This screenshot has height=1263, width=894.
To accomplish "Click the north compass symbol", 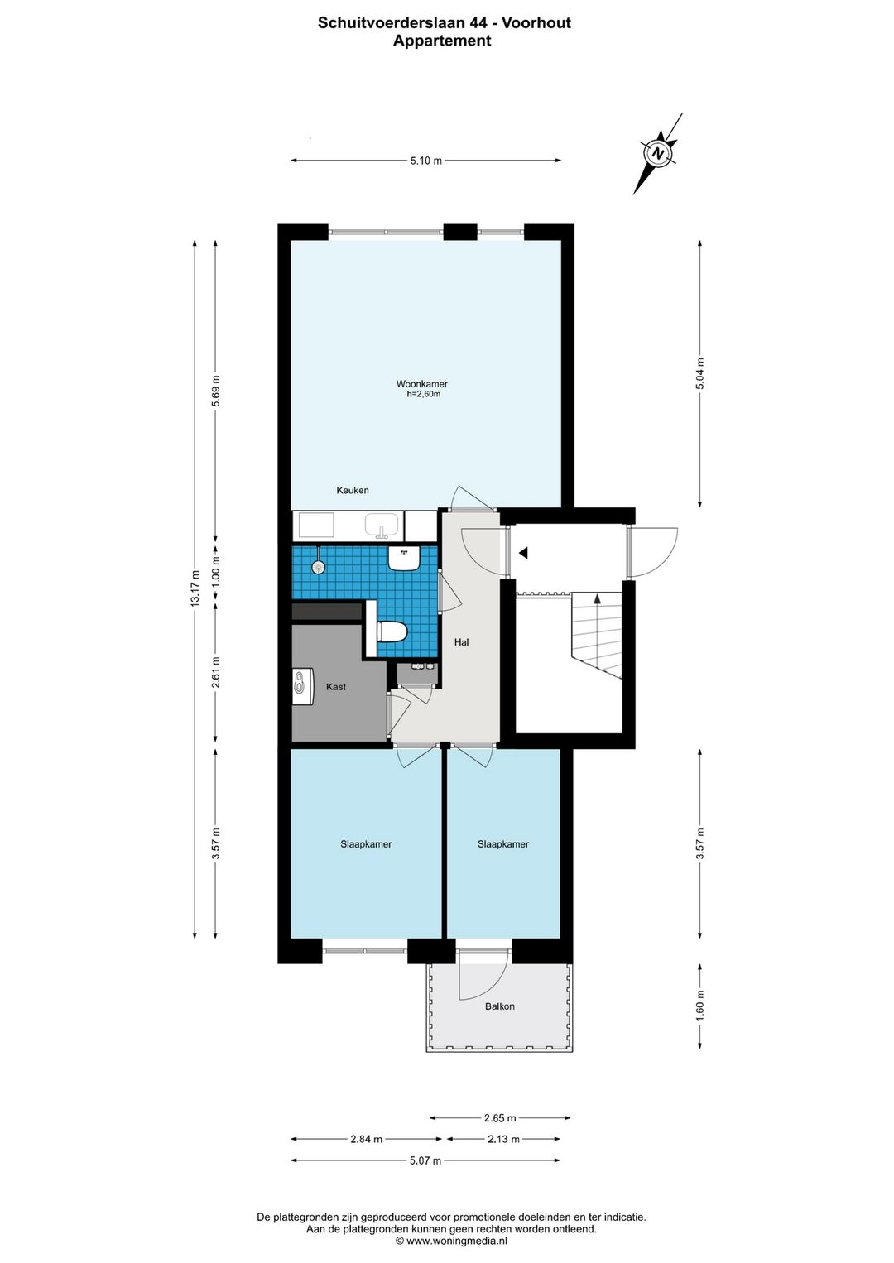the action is pyautogui.click(x=657, y=153).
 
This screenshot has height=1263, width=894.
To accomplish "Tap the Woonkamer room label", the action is pyautogui.click(x=421, y=384).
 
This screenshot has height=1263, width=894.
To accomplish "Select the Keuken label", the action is pyautogui.click(x=353, y=490).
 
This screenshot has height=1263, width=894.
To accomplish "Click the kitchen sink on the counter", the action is pyautogui.click(x=383, y=525).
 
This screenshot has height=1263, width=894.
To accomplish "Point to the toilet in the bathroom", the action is pyautogui.click(x=392, y=631).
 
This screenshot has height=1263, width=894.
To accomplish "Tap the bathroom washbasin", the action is pyautogui.click(x=403, y=557).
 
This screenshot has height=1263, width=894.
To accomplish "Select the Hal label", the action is pyautogui.click(x=461, y=641).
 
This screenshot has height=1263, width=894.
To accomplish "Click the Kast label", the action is pyautogui.click(x=335, y=687).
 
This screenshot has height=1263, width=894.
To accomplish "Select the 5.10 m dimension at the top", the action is pyautogui.click(x=425, y=160).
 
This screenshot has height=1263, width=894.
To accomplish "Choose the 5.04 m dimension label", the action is pyautogui.click(x=700, y=374).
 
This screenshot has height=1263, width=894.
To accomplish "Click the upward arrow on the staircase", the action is pyautogui.click(x=598, y=598).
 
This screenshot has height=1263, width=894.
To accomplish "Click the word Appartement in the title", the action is pyautogui.click(x=442, y=41).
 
